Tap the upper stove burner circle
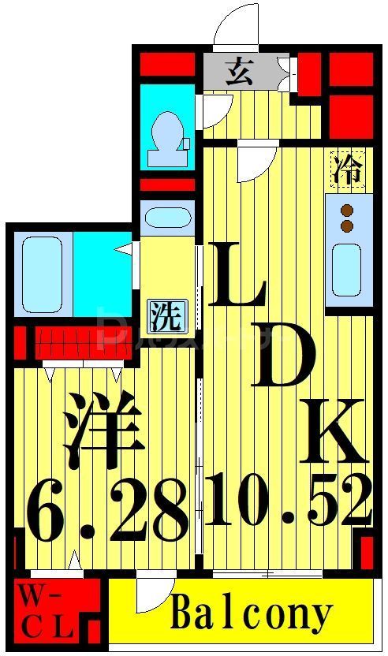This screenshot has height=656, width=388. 346,211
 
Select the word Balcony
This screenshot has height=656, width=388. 251,613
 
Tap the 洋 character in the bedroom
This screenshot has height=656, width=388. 103,430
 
